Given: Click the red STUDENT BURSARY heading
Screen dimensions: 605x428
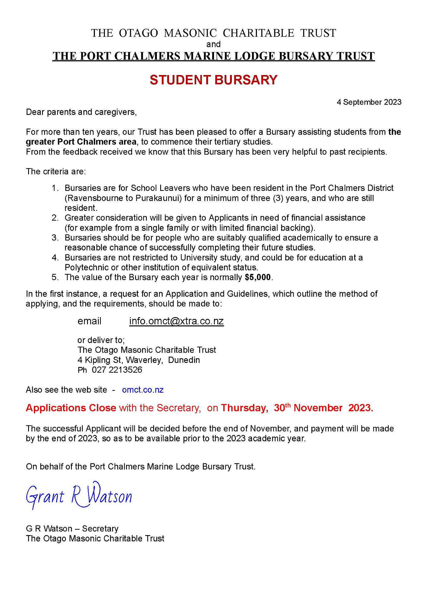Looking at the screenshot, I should [x=213, y=80].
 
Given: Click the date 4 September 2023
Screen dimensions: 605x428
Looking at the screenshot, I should [x=369, y=102].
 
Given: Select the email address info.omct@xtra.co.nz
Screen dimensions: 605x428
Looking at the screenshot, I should [x=176, y=321].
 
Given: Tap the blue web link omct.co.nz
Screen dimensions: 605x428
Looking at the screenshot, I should [x=143, y=390].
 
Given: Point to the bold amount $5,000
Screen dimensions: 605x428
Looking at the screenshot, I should [x=258, y=277].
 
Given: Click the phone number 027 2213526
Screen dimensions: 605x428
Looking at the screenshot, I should [x=117, y=370].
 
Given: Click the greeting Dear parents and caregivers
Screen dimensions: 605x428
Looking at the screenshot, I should [x=81, y=112].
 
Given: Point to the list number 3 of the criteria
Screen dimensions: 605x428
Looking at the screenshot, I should [x=55, y=238].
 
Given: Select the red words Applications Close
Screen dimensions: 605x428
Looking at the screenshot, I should [x=71, y=408].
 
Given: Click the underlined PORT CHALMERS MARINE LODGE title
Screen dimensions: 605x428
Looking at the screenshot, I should [x=213, y=56].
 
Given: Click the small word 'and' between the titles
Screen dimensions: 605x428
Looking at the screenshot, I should [x=213, y=44].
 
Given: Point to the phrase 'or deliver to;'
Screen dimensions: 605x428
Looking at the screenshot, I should [x=101, y=340].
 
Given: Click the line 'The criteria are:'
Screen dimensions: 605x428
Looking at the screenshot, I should [x=56, y=172].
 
